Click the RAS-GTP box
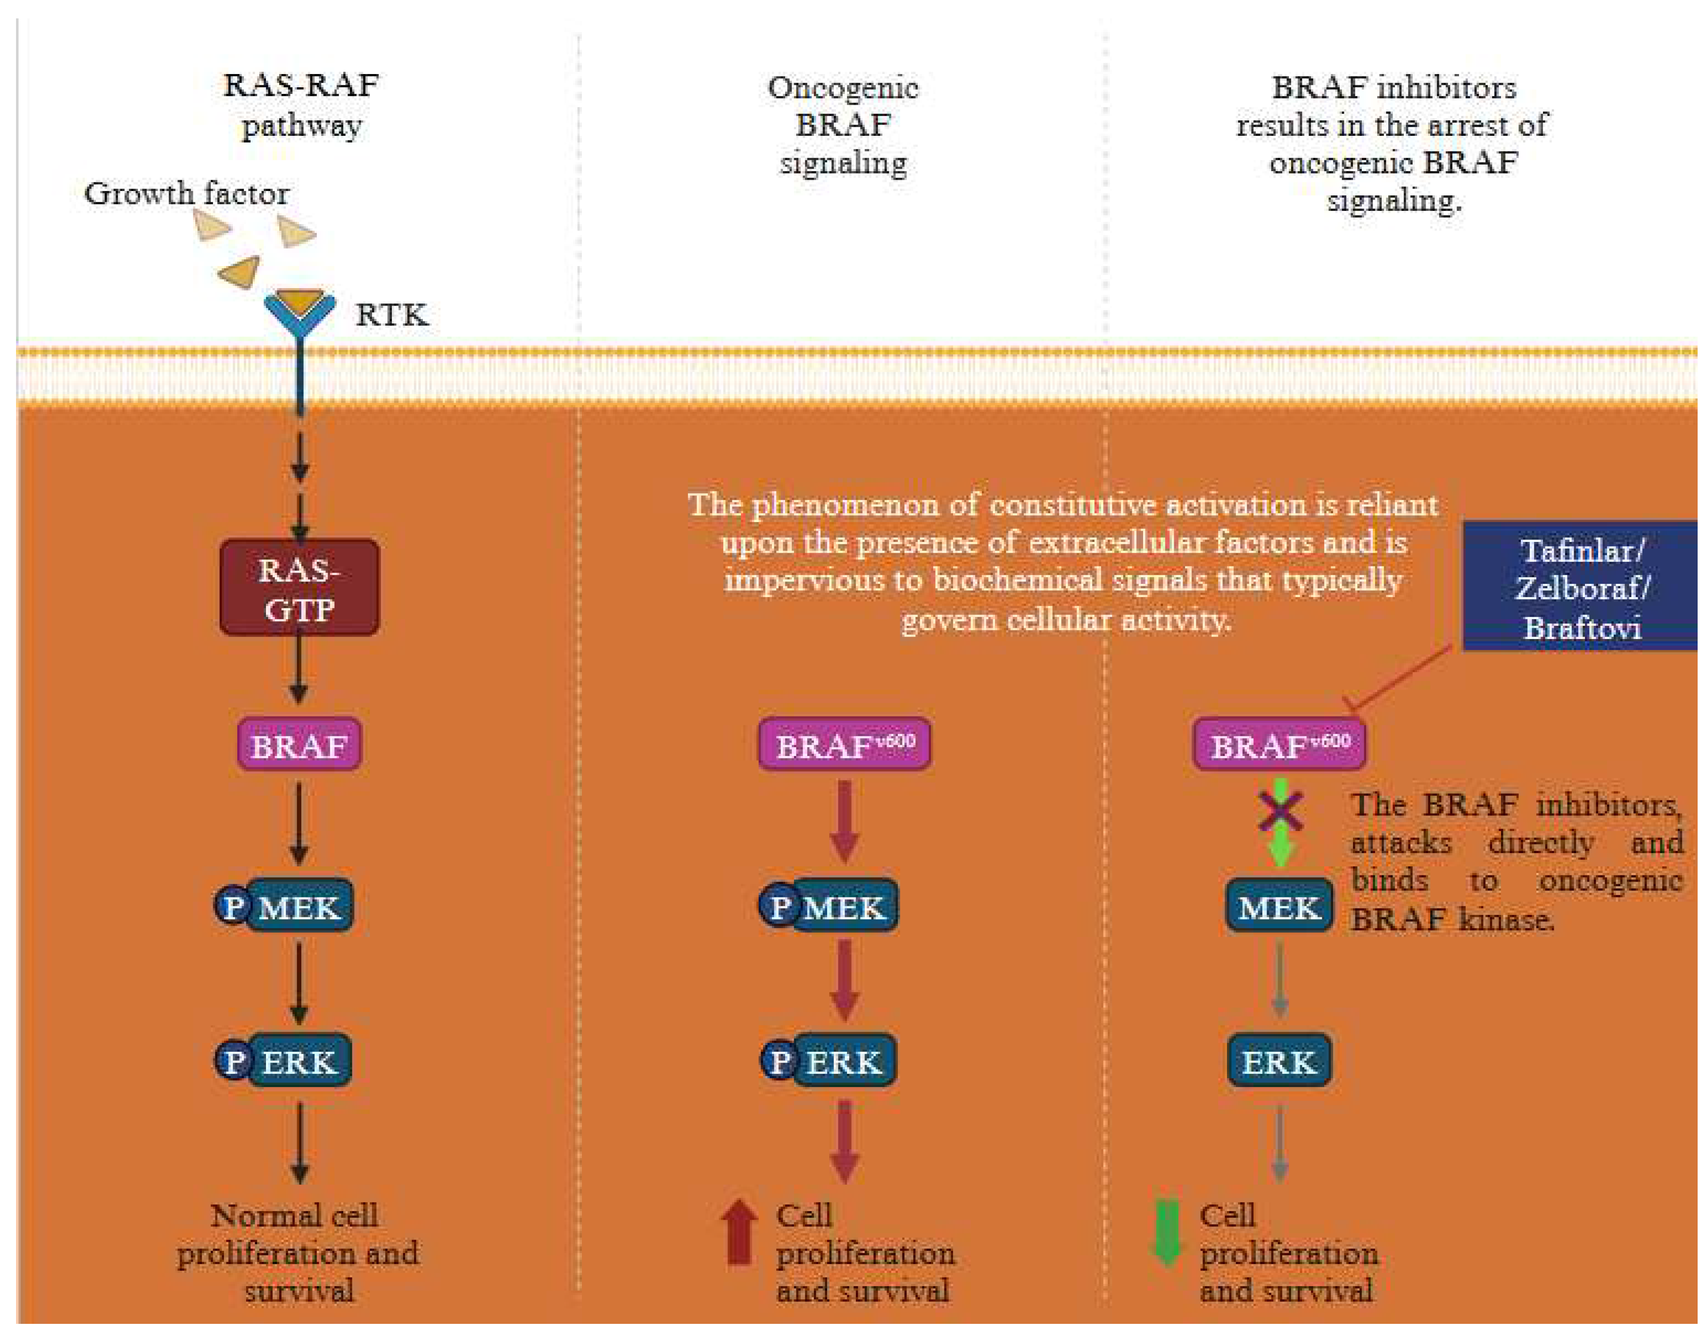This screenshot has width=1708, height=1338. coord(299,588)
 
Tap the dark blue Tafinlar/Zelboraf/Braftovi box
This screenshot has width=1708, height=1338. coord(1580,588)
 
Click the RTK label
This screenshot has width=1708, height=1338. coord(391,315)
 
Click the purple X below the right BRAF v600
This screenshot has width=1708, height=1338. coord(1280,811)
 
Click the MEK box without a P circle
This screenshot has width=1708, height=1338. coord(1279,907)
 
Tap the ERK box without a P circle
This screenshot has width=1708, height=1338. coord(1279,1062)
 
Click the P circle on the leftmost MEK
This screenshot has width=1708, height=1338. coord(232,907)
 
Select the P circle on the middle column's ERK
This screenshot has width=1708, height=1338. coord(779,1062)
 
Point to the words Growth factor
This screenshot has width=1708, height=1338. coord(186,193)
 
